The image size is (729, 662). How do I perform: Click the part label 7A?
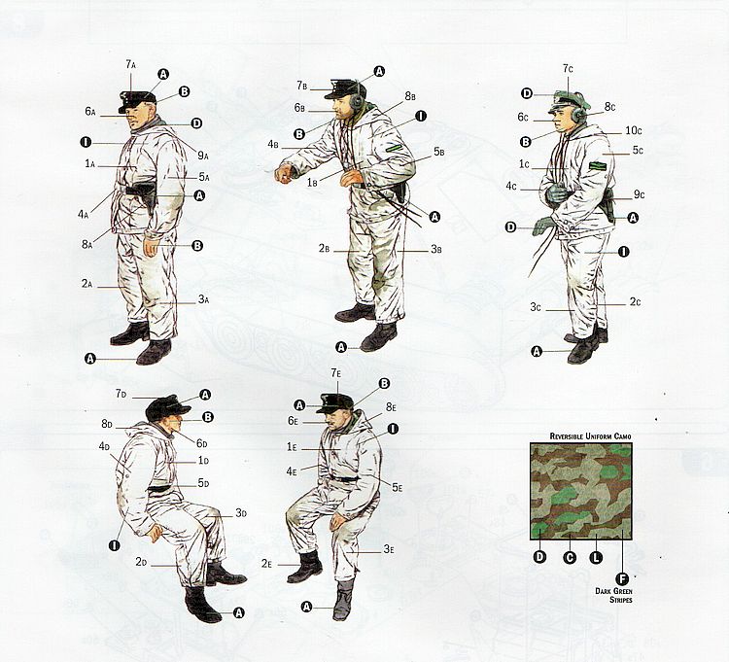130,64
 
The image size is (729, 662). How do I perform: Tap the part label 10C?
633,130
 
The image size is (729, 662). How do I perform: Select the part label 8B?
410,96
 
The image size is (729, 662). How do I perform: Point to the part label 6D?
201,443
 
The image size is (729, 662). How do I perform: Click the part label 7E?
336,373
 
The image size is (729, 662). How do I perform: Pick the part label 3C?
536,307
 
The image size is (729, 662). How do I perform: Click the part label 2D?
141,562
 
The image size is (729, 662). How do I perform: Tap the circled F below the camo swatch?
622,578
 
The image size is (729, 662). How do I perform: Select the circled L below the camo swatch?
596,557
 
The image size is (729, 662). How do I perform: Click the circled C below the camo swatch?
570,557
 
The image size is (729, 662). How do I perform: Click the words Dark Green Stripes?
613,595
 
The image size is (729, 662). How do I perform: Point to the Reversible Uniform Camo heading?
590,436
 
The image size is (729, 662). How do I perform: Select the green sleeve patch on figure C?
596,166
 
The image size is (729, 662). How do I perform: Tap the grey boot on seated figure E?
343,599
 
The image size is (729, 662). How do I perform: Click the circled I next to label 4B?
420,116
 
